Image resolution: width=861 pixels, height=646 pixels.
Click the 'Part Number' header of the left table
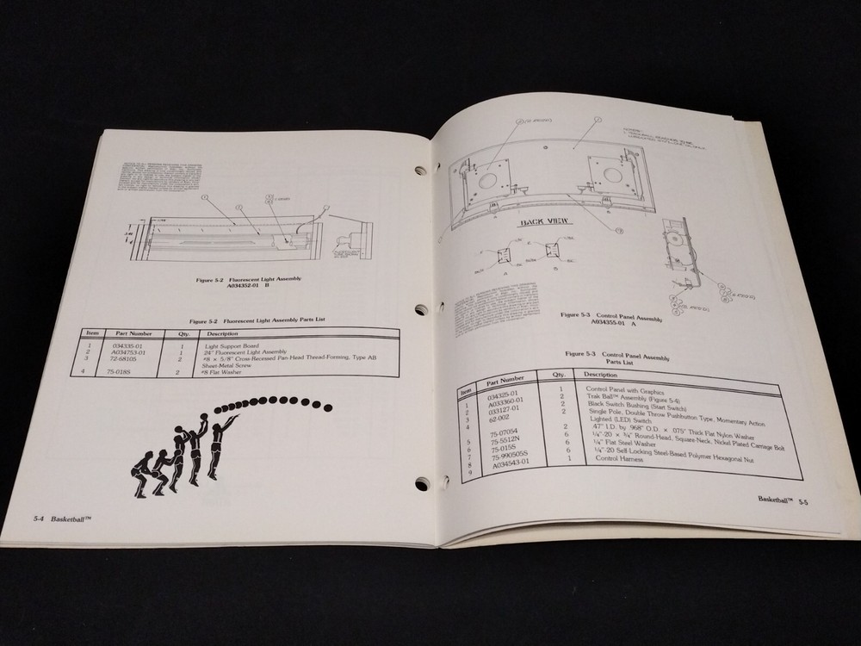point(133,332)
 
